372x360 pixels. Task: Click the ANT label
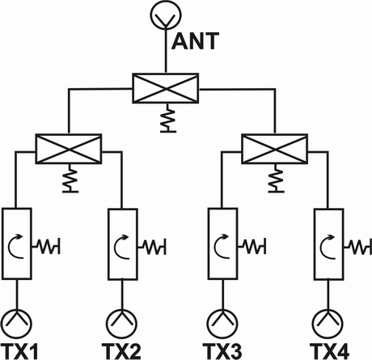tap(195, 41)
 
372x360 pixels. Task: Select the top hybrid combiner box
tap(166, 88)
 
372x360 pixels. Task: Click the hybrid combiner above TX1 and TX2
tap(69, 149)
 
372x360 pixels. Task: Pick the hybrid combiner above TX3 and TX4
tap(275, 149)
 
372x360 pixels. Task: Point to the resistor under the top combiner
tap(168, 118)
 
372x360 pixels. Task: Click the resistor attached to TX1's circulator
tap(46, 246)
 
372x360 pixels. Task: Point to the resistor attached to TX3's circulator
tap(252, 246)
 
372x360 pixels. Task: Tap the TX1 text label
tap(19, 351)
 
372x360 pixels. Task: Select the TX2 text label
tap(121, 351)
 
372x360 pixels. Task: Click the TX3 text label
tap(222, 351)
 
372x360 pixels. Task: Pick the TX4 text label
tap(329, 351)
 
